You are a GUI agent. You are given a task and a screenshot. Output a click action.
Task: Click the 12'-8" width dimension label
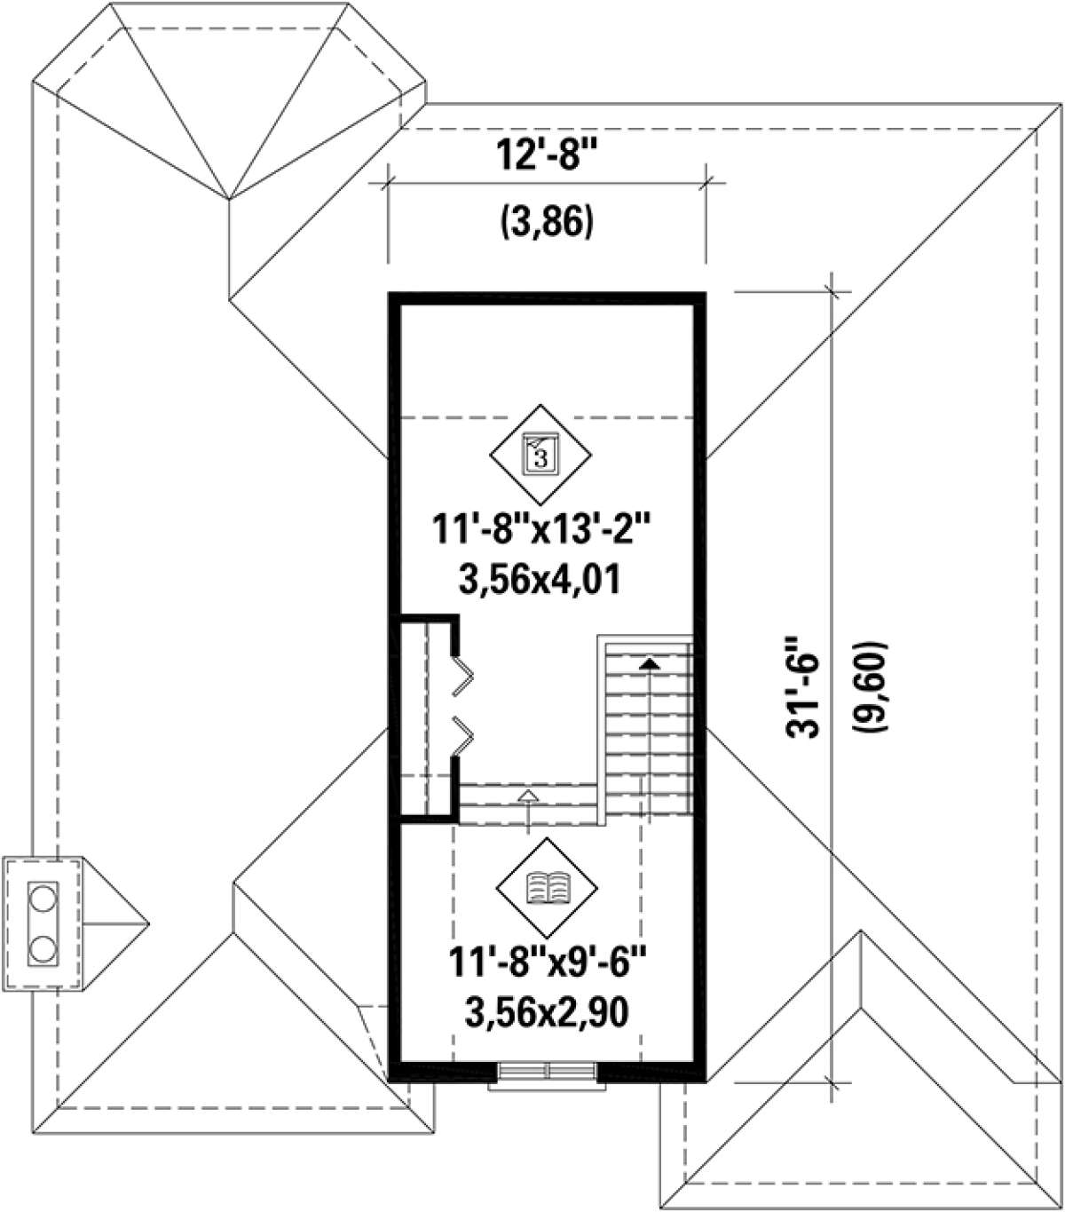(x=546, y=154)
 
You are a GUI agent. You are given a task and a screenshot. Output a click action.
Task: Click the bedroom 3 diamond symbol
(x=540, y=455)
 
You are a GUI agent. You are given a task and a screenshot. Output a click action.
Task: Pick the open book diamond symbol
(x=547, y=887)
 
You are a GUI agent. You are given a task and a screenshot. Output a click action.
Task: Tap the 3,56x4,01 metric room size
(x=540, y=581)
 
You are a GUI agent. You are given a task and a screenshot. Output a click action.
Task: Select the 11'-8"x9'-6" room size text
(x=548, y=963)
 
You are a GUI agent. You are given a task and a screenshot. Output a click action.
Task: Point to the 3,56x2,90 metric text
(x=547, y=1013)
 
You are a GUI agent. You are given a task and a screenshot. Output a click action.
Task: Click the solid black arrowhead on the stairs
(x=650, y=663)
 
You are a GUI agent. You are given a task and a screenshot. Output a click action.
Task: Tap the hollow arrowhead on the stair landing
(x=527, y=795)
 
